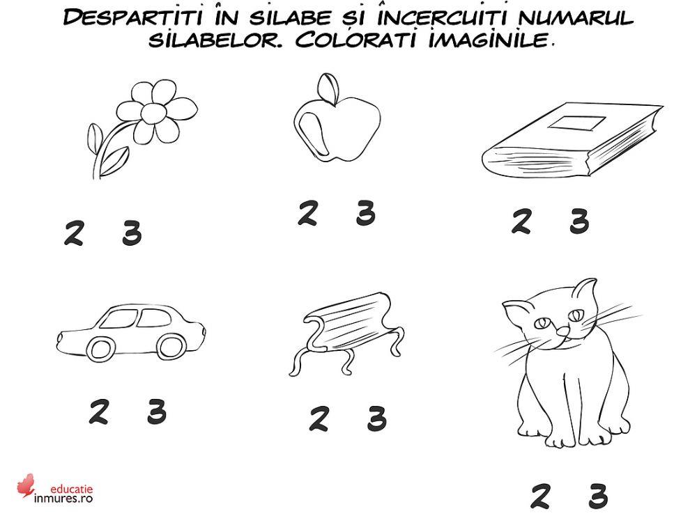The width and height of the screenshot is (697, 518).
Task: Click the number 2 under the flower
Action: tap(73, 233)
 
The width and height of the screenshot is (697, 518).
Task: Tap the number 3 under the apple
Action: tap(365, 213)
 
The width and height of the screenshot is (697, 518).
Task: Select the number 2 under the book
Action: tap(521, 221)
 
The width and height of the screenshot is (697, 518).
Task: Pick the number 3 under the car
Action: tap(157, 412)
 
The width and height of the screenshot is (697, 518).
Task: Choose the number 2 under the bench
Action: tap(319, 418)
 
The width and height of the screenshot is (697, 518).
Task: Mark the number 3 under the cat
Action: tap(597, 496)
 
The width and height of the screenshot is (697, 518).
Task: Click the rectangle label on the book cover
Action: tap(576, 124)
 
